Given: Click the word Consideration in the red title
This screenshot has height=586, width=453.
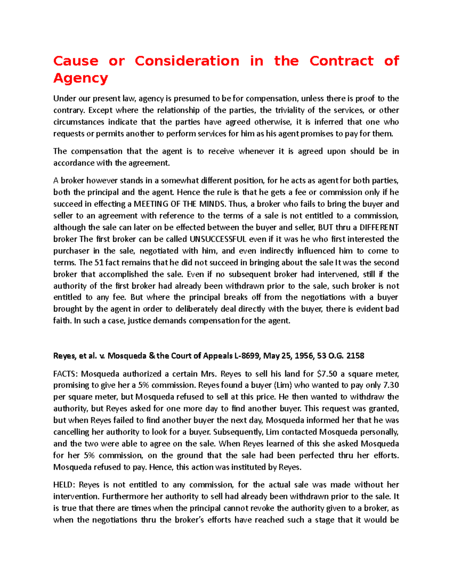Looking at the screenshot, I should [187, 61].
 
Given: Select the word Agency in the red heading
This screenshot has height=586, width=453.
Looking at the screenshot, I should [81, 78].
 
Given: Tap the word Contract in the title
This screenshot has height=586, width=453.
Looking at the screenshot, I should [341, 61].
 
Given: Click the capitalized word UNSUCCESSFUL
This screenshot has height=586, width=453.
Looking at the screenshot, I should [218, 239].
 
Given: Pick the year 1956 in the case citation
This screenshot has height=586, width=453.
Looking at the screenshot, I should [305, 356].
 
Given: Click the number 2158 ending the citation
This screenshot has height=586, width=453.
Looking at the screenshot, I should [355, 356].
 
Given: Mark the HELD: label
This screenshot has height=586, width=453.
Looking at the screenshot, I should [64, 485].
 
